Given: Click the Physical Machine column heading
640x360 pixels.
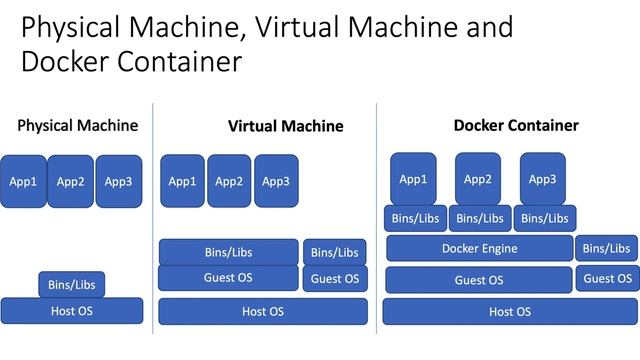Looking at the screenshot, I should [77, 126].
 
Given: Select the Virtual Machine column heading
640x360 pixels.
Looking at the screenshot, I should [285, 126].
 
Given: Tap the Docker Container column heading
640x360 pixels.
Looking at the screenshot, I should [516, 125].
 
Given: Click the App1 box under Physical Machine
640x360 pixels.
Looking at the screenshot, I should [23, 181].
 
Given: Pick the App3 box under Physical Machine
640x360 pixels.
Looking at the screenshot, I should [118, 181].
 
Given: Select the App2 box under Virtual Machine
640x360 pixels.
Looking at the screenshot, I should [229, 180].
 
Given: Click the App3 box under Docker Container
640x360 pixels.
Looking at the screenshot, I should [542, 178].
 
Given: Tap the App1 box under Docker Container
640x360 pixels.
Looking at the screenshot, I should [413, 178].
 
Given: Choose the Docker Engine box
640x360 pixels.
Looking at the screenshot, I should [479, 248].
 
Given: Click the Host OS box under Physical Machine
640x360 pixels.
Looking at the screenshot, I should [71, 311].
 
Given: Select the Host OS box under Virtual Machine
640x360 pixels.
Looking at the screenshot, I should [262, 311].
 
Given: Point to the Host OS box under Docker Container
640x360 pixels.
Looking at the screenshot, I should [509, 311].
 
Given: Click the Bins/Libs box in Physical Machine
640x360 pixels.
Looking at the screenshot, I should [71, 285].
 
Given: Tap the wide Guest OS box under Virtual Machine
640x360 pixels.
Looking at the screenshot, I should [228, 278].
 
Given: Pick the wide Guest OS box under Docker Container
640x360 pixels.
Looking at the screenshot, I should [478, 280].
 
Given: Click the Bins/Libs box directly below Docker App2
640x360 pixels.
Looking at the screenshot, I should [480, 218].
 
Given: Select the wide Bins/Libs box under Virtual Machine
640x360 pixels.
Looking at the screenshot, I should [228, 252].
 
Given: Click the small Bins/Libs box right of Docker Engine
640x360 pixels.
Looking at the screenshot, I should [606, 248].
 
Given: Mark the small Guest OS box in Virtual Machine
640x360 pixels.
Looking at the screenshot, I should [335, 278].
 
